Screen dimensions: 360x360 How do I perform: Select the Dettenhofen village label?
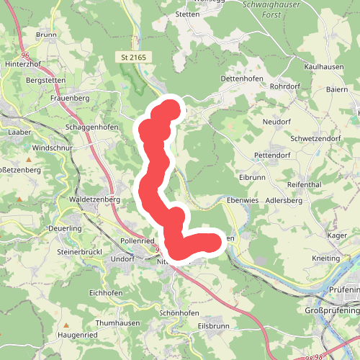238,78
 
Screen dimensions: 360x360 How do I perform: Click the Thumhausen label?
117,324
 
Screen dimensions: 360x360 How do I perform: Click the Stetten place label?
186,14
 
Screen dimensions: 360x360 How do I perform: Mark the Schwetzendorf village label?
314,138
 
